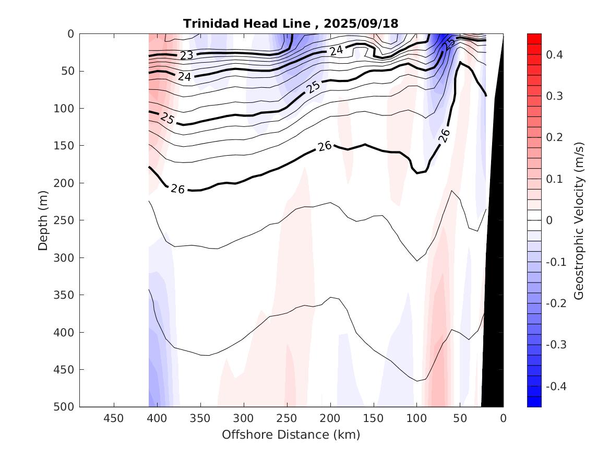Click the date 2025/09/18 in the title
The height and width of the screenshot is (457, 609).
(361, 24)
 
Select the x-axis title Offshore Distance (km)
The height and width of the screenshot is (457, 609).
(291, 435)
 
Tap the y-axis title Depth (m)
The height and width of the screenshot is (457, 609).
(43, 220)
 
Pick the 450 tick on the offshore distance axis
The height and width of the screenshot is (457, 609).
(113, 418)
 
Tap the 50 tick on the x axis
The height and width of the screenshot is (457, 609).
(460, 418)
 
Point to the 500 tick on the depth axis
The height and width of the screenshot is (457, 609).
(65, 407)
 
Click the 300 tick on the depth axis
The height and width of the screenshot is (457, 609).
(65, 257)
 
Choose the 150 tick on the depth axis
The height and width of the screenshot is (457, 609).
(65, 146)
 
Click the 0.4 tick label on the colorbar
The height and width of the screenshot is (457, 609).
(554, 54)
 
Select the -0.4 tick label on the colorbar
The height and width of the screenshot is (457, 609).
(556, 386)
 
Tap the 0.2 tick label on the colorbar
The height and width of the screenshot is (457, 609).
(554, 137)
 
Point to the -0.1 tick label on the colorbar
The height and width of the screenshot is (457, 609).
(556, 262)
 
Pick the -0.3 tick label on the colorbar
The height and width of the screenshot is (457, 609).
(556, 345)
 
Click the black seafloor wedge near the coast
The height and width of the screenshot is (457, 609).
(495, 313)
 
